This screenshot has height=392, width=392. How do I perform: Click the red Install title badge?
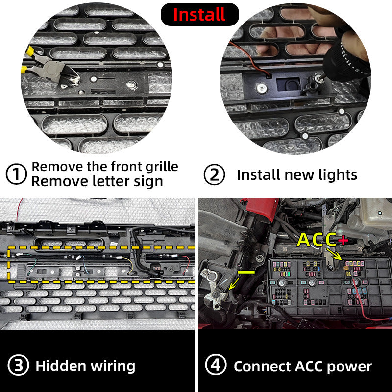point(200,14)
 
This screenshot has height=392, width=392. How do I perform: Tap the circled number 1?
point(16,174)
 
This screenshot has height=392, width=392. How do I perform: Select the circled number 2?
point(214,174)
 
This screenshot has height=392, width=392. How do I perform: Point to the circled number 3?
point(18,365)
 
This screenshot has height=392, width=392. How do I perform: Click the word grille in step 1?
point(162,167)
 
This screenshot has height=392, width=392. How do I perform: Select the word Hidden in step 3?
point(61,366)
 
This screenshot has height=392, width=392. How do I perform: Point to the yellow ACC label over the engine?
point(317,240)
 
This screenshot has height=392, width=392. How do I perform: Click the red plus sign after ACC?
point(343,240)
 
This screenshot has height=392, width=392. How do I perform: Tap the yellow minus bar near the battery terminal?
point(246,272)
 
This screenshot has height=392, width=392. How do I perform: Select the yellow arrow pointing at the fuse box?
point(334,254)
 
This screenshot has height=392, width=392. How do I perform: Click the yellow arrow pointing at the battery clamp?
point(234,284)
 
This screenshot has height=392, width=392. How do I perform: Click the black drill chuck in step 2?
point(345,59)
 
